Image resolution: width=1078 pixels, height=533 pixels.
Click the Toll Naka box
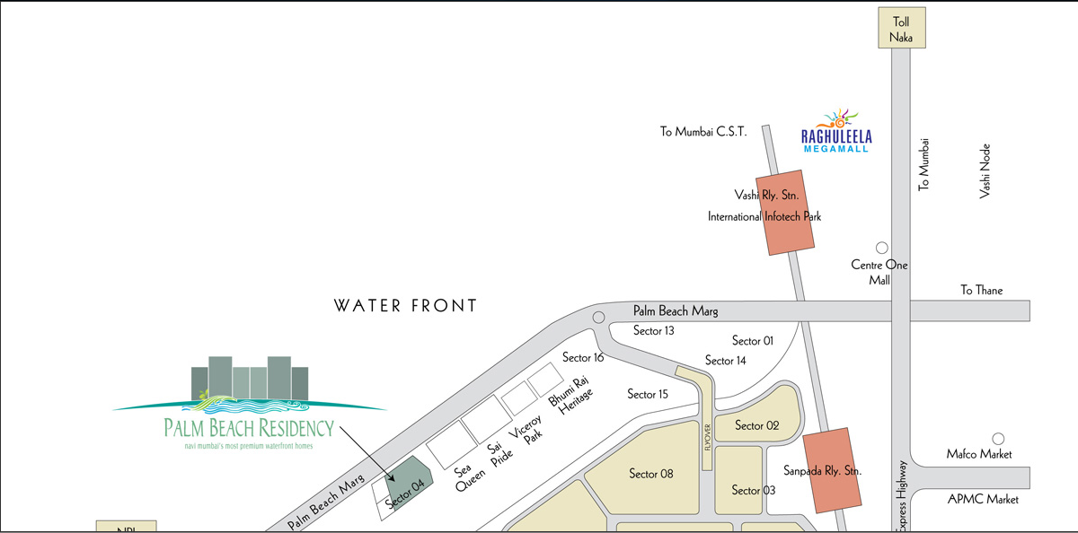tap(902, 30)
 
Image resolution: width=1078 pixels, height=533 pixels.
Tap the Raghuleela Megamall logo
tap(836, 128)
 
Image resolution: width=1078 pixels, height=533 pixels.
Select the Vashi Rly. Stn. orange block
tap(788, 210)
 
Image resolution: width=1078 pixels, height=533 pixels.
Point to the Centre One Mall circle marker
tap(881, 248)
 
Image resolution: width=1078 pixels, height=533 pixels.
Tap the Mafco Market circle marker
tap(997, 438)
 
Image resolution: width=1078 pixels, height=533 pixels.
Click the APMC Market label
tap(983, 499)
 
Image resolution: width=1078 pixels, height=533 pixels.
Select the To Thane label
tap(981, 290)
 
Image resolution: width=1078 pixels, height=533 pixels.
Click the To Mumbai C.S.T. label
tap(703, 132)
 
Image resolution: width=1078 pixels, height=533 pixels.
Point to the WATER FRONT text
tap(406, 306)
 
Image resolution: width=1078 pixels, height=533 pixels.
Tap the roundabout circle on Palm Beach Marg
tap(599, 317)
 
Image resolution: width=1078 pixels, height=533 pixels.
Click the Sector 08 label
tap(651, 473)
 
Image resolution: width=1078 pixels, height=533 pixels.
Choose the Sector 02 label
tap(756, 425)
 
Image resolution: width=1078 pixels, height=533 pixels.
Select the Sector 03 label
tap(753, 490)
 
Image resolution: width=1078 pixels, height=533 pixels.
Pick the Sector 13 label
tap(653, 330)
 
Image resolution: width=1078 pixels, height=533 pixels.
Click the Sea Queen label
tap(469, 476)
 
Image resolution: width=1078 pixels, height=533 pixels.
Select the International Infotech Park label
tap(764, 216)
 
